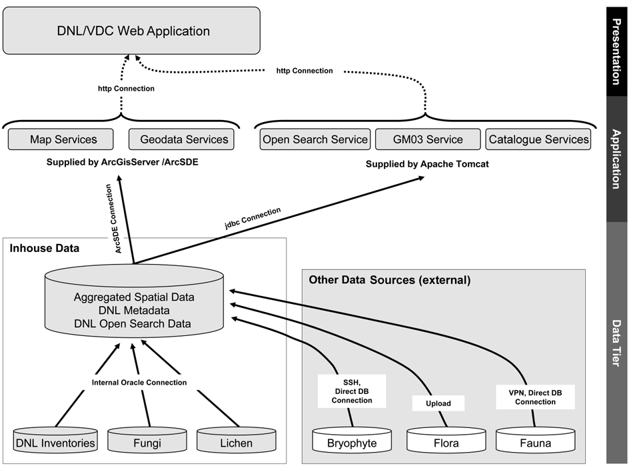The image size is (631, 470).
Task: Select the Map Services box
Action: click(x=63, y=139)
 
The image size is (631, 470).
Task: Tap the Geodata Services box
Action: click(x=184, y=139)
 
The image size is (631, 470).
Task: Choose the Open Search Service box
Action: click(x=315, y=139)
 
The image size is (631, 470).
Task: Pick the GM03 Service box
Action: click(x=427, y=139)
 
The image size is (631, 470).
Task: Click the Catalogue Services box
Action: click(x=538, y=139)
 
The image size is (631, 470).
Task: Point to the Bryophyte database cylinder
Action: click(x=352, y=442)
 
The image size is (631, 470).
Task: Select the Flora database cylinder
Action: click(x=446, y=442)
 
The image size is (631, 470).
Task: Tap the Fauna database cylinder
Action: click(x=535, y=442)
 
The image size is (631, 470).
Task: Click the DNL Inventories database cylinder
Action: click(x=55, y=442)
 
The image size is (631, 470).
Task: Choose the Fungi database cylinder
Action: click(x=147, y=442)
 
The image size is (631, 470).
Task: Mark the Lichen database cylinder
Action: click(x=236, y=442)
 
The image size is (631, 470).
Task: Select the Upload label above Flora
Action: click(x=438, y=403)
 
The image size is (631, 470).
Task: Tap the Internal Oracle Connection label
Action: click(x=139, y=383)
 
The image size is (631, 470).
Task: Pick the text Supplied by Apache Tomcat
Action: click(x=427, y=163)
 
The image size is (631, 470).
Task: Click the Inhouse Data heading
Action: click(x=45, y=249)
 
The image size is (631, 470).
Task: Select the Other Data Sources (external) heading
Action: click(x=390, y=280)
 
